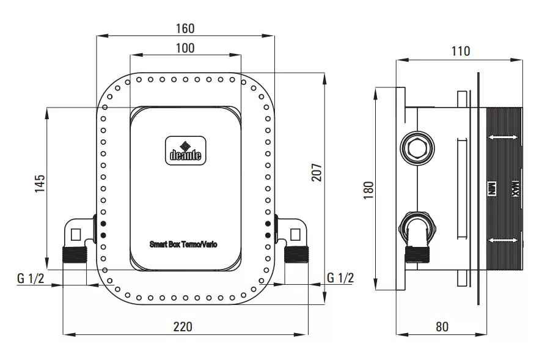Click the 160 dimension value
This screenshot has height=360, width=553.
point(185,28)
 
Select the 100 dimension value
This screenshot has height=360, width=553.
point(185,48)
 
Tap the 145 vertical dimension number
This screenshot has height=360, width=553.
point(40,183)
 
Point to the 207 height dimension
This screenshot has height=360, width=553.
point(317,172)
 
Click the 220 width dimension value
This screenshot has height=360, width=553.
point(183,326)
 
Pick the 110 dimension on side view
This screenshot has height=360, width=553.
point(461,51)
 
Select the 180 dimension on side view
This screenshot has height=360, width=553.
point(368,190)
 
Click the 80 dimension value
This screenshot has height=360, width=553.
point(442,326)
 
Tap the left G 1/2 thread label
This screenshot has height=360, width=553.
point(31,278)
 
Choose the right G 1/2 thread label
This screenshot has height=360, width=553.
point(340,277)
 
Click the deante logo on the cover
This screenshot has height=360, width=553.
point(186,150)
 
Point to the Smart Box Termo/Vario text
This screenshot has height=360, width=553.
point(183,244)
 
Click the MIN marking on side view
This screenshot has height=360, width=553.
point(492,189)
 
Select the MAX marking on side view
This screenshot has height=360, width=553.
point(515,189)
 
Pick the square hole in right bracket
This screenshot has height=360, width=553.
point(295,235)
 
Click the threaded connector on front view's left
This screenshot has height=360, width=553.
point(75,254)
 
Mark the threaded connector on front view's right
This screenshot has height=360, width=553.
point(296,254)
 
